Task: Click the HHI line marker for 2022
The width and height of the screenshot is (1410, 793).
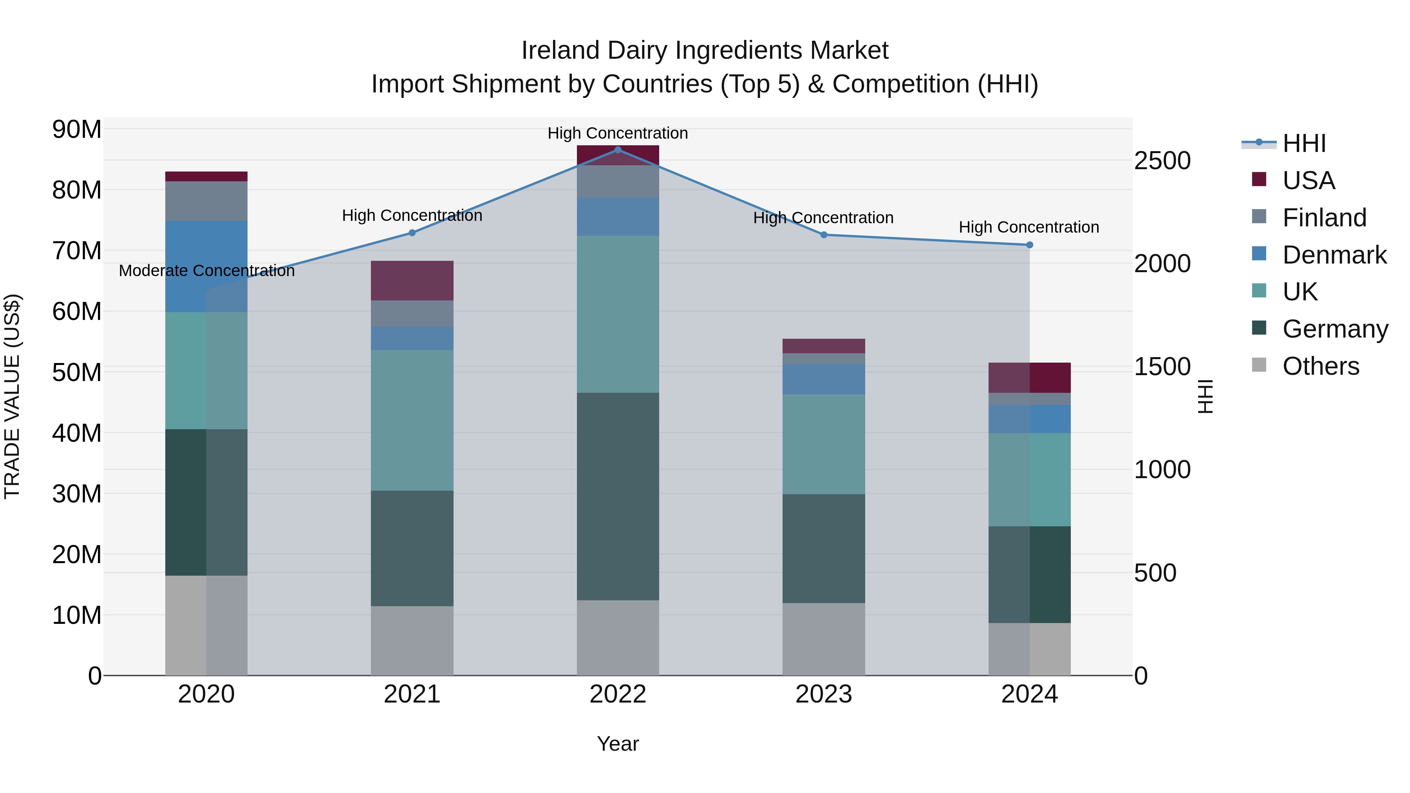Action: tap(618, 150)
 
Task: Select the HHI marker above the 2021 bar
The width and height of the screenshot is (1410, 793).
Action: tap(412, 233)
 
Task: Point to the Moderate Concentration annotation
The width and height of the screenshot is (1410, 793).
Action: tap(206, 271)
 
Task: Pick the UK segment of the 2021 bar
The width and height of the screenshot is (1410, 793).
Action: tap(412, 420)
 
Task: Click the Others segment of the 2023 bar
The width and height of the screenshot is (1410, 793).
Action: tap(824, 639)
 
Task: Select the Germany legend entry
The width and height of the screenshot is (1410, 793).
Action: tap(1334, 329)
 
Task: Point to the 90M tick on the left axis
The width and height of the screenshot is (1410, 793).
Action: tap(77, 130)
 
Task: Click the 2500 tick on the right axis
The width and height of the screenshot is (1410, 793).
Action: tap(1162, 161)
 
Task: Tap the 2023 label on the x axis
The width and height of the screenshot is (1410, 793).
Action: tap(824, 694)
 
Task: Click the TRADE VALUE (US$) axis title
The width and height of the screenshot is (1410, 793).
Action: tap(12, 396)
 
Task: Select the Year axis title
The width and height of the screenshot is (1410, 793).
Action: tap(618, 744)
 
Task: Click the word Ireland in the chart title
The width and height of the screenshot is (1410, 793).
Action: tap(560, 51)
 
